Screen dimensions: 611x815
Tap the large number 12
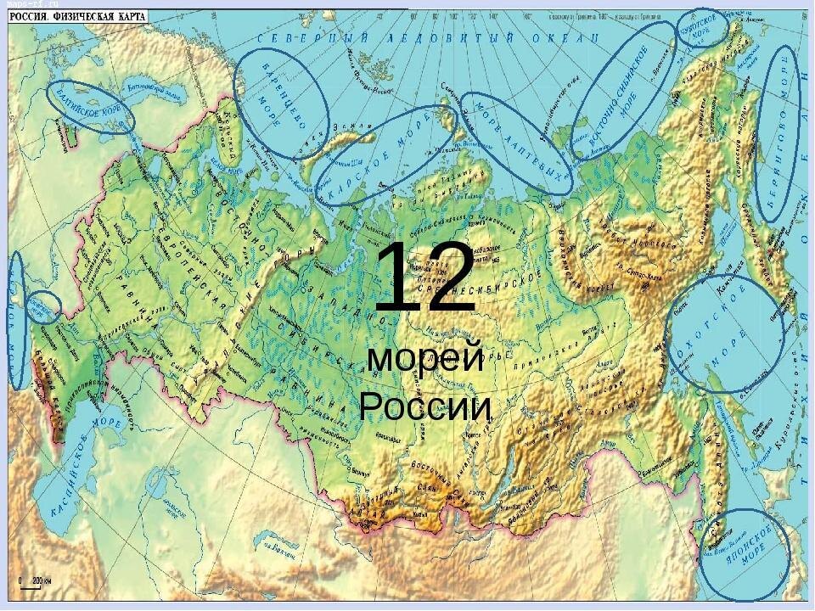point(424,276)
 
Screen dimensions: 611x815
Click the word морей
point(425,360)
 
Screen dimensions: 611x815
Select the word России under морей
point(425,407)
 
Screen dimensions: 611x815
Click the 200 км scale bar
point(31,582)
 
